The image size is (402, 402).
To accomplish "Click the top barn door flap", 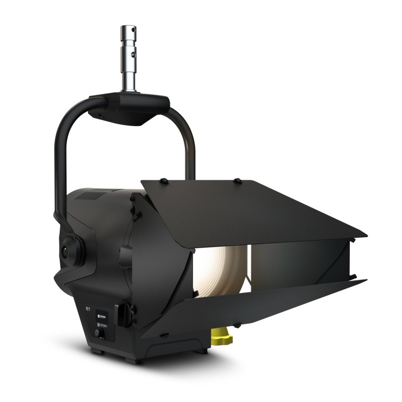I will click(x=251, y=206).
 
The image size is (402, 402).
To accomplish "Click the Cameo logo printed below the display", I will click(x=102, y=326).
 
